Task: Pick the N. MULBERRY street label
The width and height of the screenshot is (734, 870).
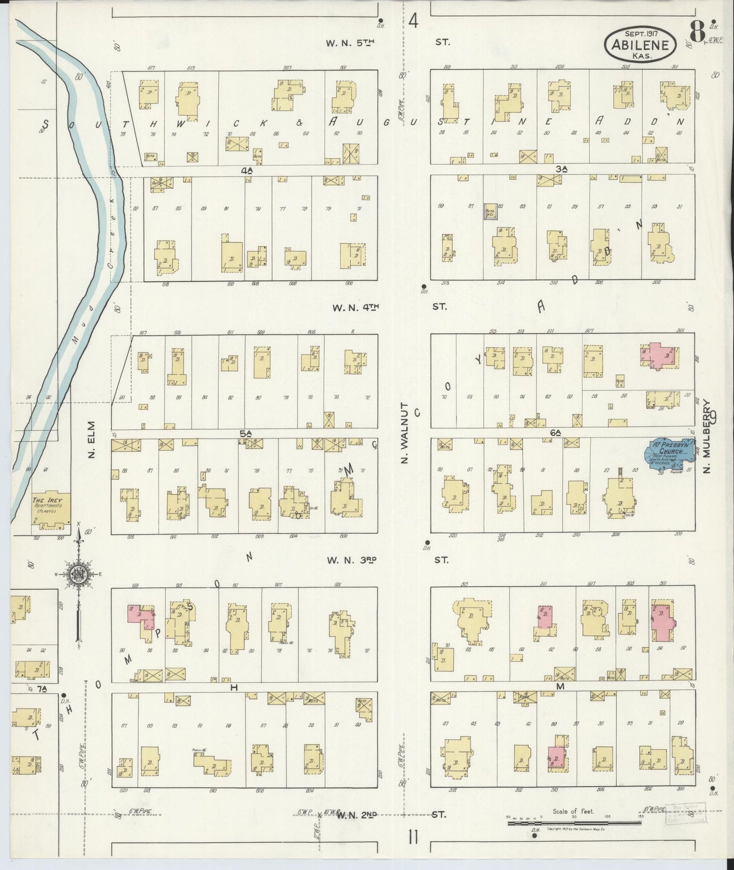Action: [x=707, y=437]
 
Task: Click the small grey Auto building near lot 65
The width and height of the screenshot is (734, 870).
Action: [x=490, y=212]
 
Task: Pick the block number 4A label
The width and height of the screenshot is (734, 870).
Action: [x=247, y=171]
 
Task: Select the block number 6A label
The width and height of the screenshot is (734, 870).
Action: [x=555, y=432]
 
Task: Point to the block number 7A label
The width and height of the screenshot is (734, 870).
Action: [x=41, y=689]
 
